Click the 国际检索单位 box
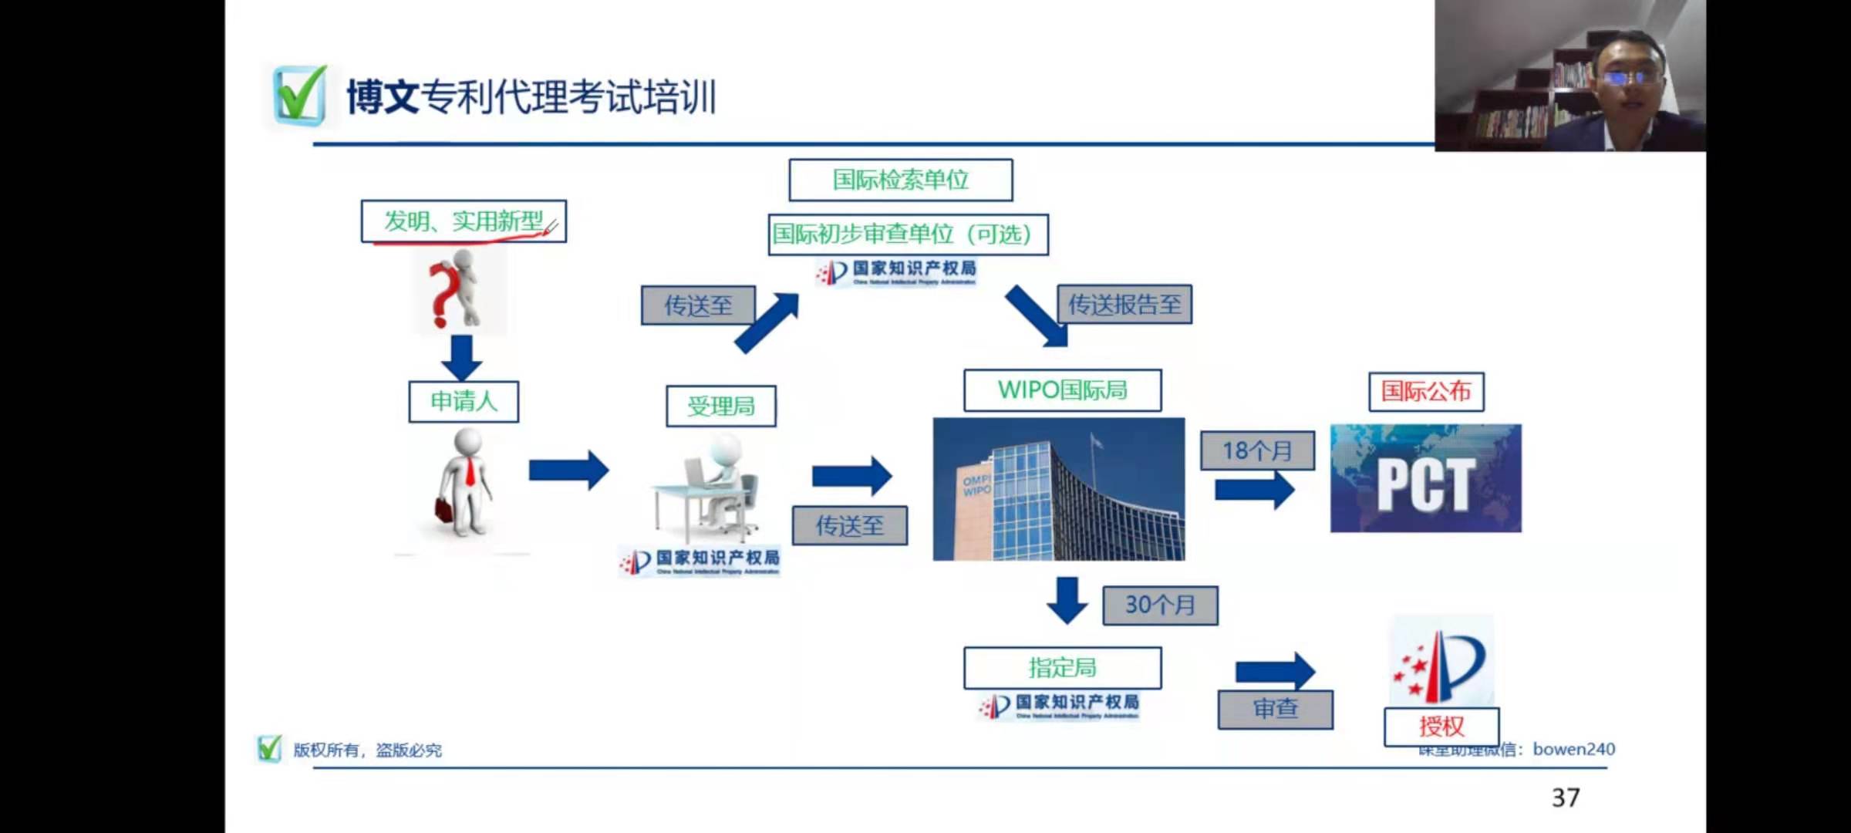tap(900, 180)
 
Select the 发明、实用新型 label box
tap(464, 221)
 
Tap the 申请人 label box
tap(464, 401)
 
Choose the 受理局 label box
tap(721, 406)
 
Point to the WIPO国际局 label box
tap(1062, 390)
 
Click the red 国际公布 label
tap(1426, 391)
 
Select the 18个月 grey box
tap(1257, 450)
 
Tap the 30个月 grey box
tap(1160, 605)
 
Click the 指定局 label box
tap(1062, 667)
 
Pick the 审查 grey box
tap(1275, 709)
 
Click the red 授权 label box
tap(1441, 727)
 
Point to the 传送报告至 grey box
tap(1124, 305)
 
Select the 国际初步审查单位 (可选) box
tap(908, 234)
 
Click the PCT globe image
tap(1425, 479)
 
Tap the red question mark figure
tap(457, 292)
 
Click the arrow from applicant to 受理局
tap(568, 470)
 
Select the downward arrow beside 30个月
tap(1067, 600)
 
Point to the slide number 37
tap(1566, 798)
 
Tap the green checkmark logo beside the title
tap(299, 96)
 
